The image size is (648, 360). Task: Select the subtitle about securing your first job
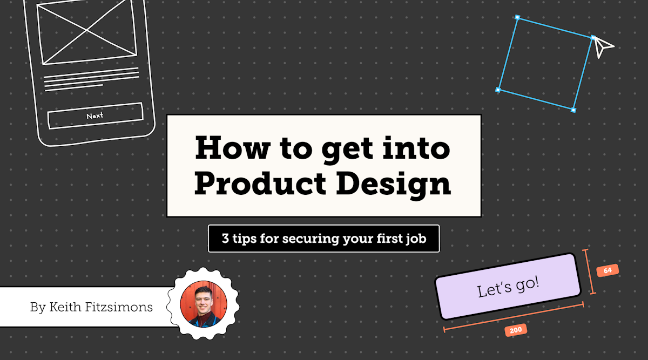click(x=324, y=239)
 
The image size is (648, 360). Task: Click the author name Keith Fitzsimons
click(x=92, y=308)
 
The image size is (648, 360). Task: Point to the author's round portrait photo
click(x=203, y=304)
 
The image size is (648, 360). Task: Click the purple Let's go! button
click(x=508, y=286)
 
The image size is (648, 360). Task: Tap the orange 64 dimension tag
click(x=607, y=270)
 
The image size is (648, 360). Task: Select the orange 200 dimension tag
click(x=516, y=330)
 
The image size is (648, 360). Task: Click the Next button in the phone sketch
click(x=95, y=116)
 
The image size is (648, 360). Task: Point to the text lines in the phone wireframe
click(x=91, y=79)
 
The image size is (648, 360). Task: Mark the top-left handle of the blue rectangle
click(x=517, y=18)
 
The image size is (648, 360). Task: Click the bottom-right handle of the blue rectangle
click(x=573, y=110)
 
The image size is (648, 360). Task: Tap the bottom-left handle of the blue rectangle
click(x=498, y=90)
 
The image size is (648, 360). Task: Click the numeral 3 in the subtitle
click(x=225, y=239)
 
